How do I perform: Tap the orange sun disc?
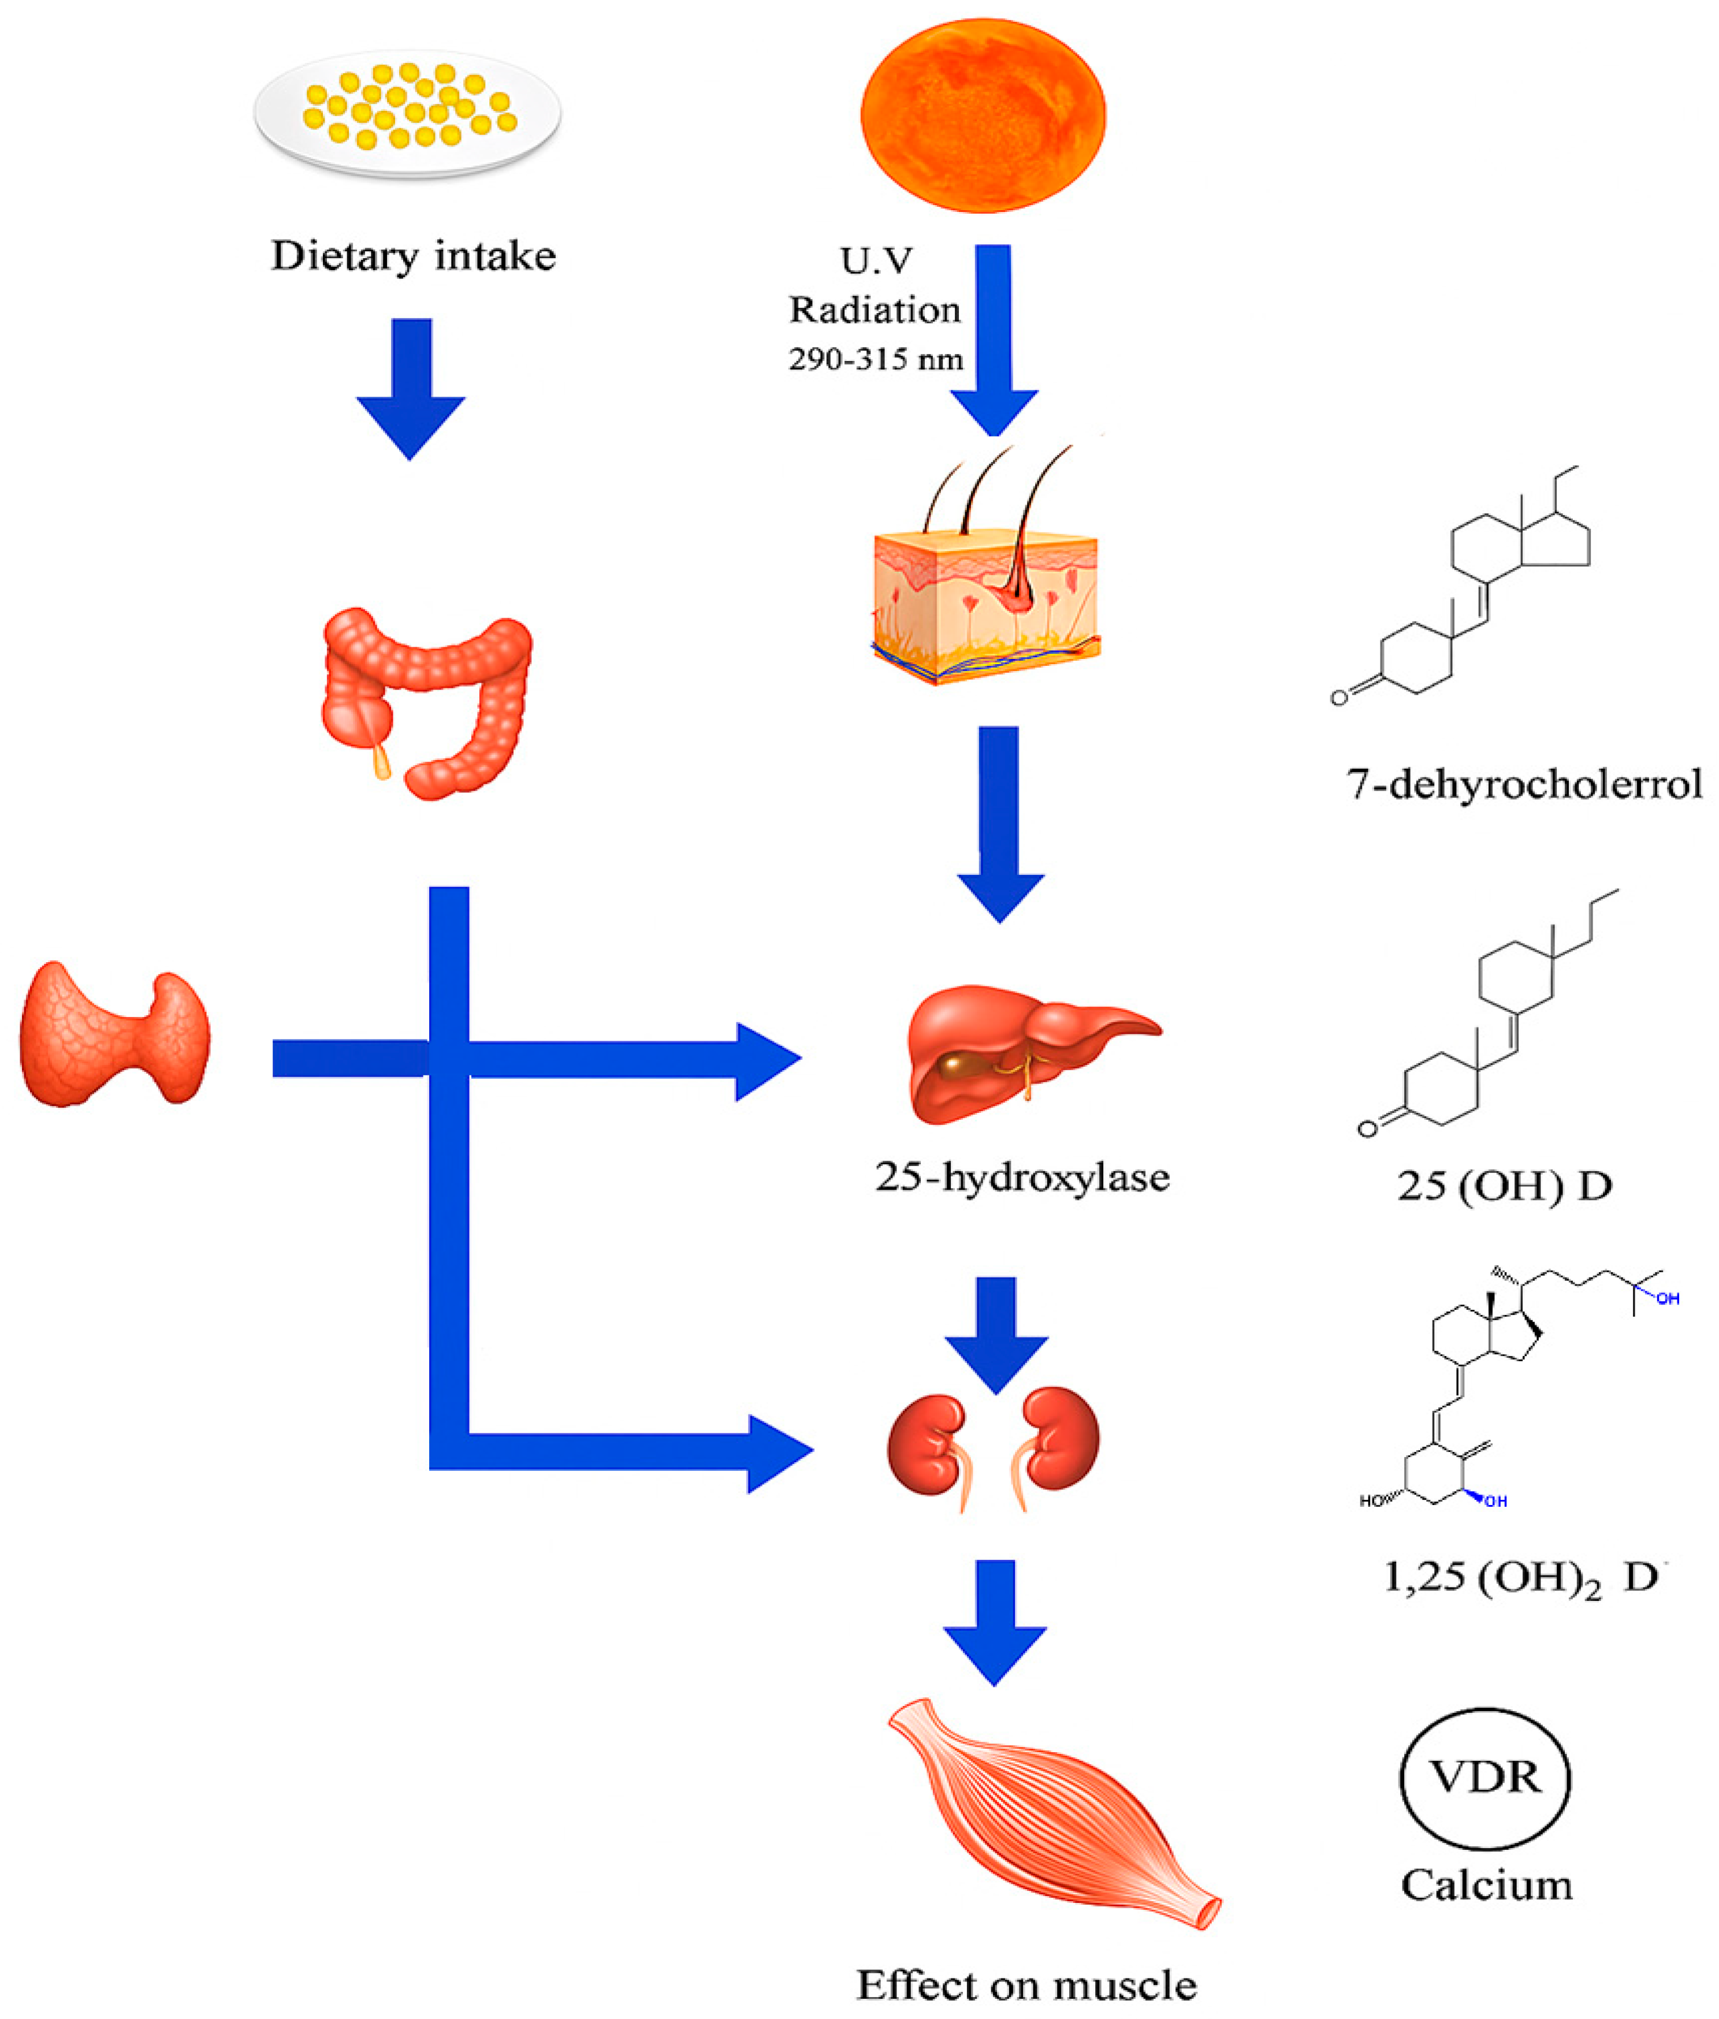(x=983, y=115)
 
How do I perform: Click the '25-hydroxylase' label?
(x=1021, y=1177)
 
